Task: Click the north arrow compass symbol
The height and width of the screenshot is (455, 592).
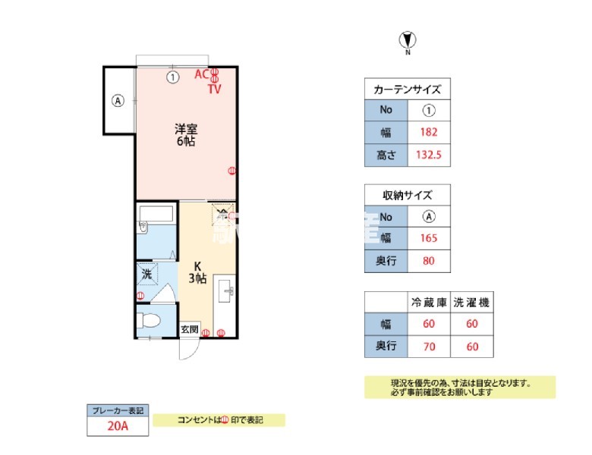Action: (408, 40)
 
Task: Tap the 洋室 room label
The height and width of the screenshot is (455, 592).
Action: (186, 134)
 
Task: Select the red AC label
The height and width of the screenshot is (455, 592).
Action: (201, 74)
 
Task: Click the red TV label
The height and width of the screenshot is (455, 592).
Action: (215, 89)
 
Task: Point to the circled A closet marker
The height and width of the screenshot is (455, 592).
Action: (118, 100)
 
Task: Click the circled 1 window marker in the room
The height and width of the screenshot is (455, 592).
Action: (173, 77)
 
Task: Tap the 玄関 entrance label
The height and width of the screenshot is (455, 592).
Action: (190, 330)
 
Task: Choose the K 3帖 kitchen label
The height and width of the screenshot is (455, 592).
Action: (197, 272)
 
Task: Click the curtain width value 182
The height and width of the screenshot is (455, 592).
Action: (429, 132)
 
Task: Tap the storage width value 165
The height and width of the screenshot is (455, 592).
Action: (429, 238)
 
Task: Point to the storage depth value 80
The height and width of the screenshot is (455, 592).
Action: (429, 262)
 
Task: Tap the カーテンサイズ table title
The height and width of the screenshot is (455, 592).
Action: (408, 89)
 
